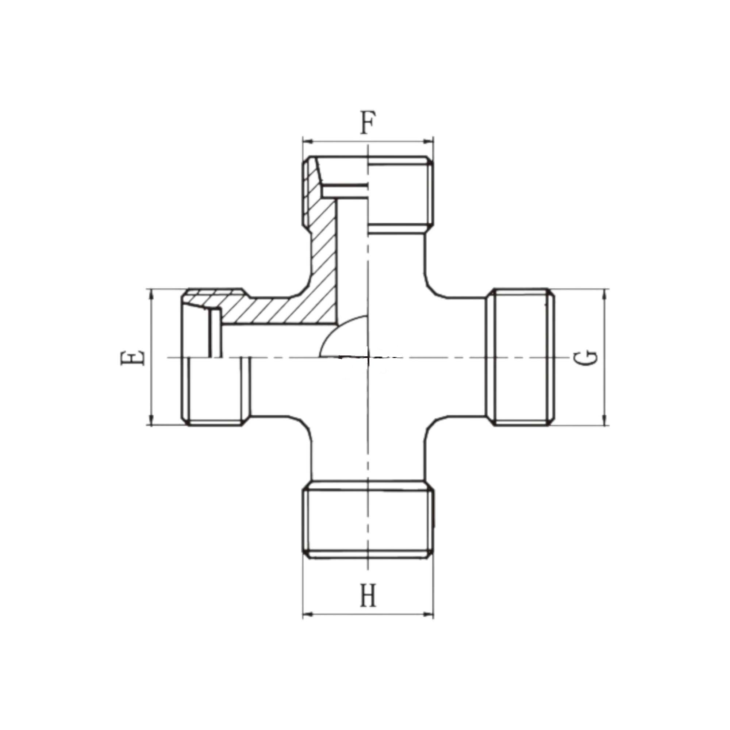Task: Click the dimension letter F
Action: coord(368,122)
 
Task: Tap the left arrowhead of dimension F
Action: coord(308,141)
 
